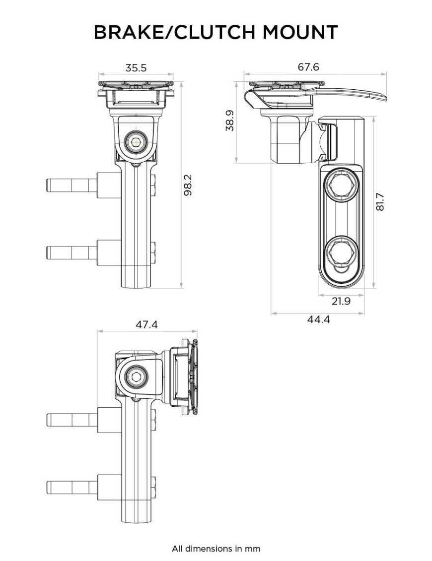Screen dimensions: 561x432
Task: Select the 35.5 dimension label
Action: click(136, 68)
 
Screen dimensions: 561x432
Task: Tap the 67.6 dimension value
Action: click(308, 67)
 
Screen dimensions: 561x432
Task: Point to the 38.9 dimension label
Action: click(230, 121)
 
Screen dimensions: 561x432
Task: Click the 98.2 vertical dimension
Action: click(188, 185)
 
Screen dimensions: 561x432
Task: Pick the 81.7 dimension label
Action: click(380, 202)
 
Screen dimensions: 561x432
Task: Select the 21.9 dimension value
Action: click(341, 301)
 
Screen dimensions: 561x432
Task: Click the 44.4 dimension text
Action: click(318, 320)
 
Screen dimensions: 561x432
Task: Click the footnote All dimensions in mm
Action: click(216, 549)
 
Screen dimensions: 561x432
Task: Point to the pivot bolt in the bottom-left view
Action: click(135, 377)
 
